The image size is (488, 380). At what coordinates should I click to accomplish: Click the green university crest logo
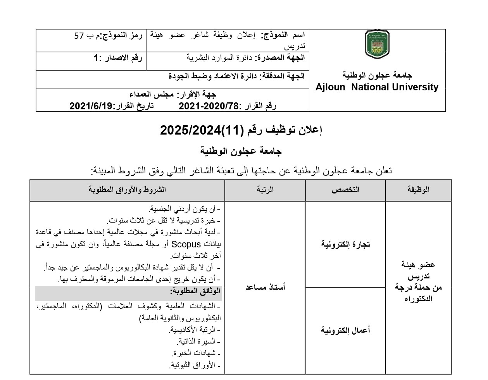(x=377, y=45)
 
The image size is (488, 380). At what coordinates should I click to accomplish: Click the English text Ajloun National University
(x=377, y=88)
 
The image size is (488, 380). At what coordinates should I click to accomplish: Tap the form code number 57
(x=79, y=36)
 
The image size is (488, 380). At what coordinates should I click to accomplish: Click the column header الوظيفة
(x=418, y=190)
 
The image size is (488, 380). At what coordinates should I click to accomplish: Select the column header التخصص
(x=345, y=190)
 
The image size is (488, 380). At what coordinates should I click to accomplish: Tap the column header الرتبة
(x=265, y=190)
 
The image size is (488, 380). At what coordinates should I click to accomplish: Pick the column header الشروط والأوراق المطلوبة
(x=127, y=190)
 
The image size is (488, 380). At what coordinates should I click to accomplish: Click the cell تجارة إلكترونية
(x=345, y=244)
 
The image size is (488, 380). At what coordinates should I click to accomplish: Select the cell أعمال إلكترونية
(x=345, y=330)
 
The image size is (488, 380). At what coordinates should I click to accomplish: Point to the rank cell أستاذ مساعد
(x=265, y=287)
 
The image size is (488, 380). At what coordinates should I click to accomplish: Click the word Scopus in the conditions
(x=186, y=244)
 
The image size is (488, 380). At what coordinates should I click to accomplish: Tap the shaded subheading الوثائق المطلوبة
(x=195, y=291)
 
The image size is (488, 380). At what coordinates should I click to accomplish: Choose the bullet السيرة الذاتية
(x=198, y=342)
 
